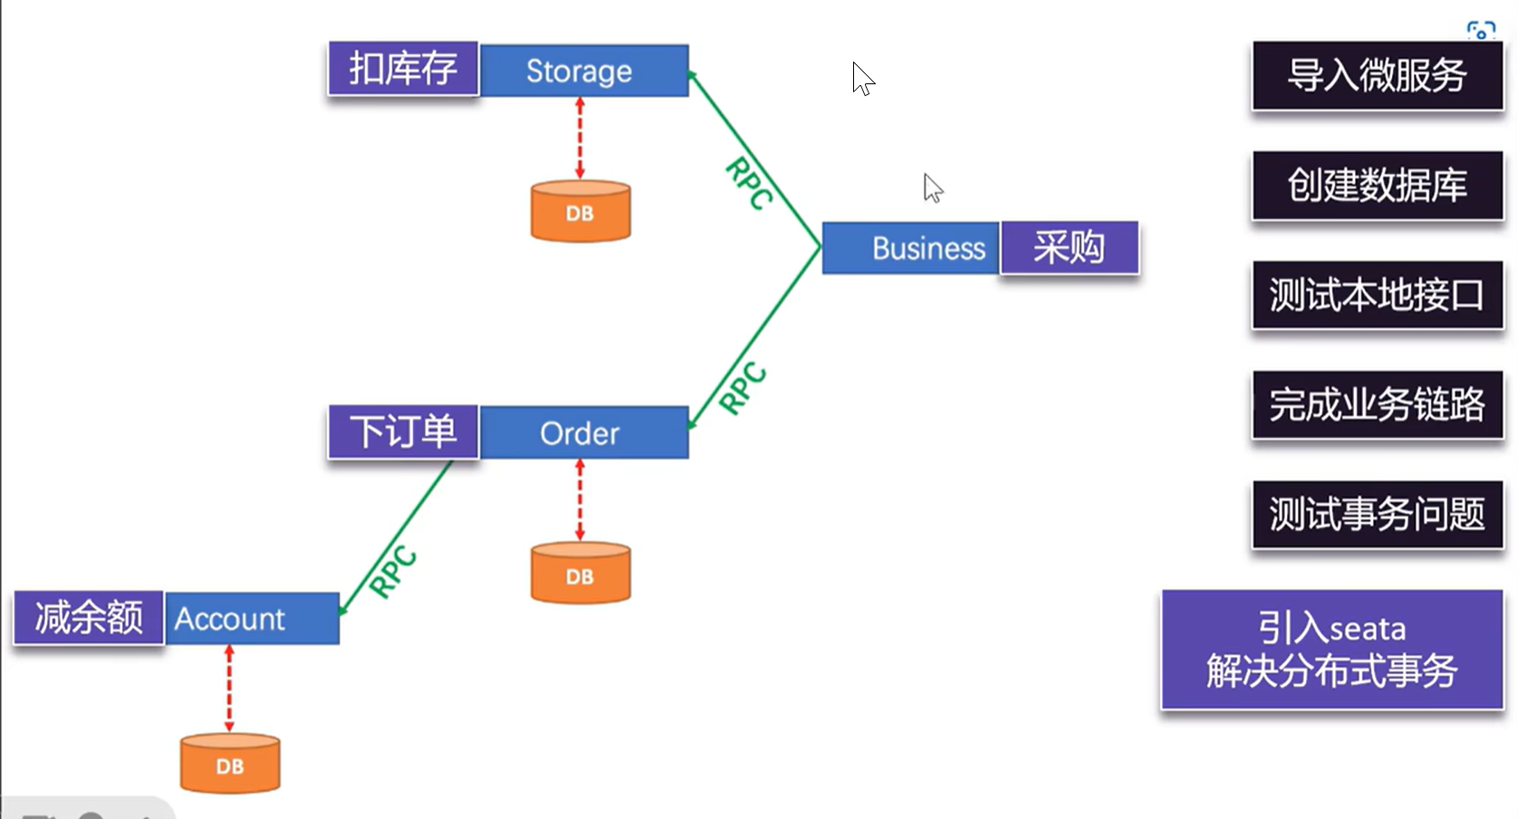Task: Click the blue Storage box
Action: click(x=584, y=71)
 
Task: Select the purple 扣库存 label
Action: click(x=403, y=69)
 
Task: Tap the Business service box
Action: click(x=910, y=248)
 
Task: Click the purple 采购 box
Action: click(x=1070, y=247)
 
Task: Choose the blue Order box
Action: click(x=584, y=433)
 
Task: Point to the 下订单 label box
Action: click(x=403, y=432)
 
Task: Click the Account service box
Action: click(x=252, y=619)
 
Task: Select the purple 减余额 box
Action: click(x=89, y=617)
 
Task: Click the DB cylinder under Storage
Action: click(x=581, y=211)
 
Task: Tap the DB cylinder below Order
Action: click(x=581, y=573)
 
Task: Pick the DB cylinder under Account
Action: click(x=230, y=764)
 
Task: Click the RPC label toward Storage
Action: click(x=749, y=183)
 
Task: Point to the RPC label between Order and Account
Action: click(x=393, y=571)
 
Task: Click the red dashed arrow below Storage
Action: click(x=580, y=139)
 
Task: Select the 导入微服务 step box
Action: click(x=1378, y=75)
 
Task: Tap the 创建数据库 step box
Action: click(x=1378, y=185)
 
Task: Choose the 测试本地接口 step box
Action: click(x=1378, y=294)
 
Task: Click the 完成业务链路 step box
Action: click(x=1378, y=404)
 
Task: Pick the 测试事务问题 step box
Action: click(x=1378, y=515)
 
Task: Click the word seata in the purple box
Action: click(x=1367, y=630)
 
